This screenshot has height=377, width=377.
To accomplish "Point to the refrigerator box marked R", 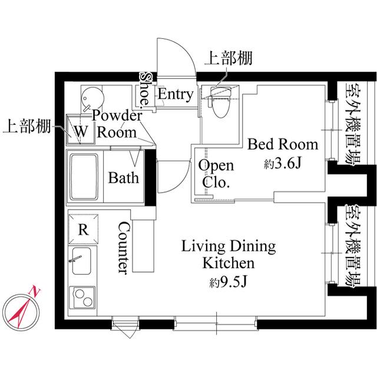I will pyautogui.click(x=84, y=229).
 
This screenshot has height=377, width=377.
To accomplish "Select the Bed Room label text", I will pyautogui.click(x=282, y=144).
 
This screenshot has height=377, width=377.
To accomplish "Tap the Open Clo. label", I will pyautogui.click(x=216, y=174).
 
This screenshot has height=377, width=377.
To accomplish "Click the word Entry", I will pyautogui.click(x=175, y=94).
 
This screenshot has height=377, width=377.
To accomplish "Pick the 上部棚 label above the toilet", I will pyautogui.click(x=229, y=58).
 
